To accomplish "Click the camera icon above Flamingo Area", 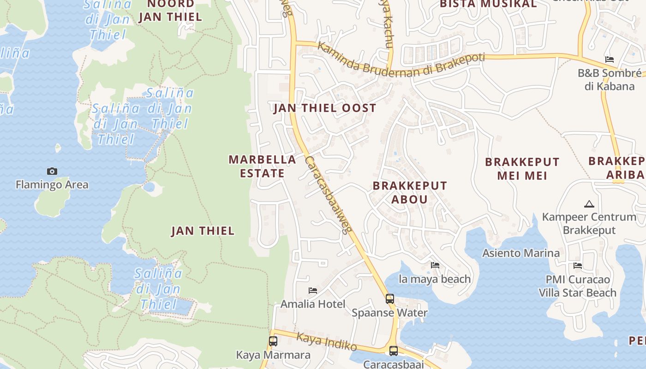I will (x=52, y=172).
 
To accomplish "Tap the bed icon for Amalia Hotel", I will (x=313, y=291).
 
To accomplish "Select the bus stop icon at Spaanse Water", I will (x=390, y=299).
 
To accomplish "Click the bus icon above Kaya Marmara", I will (x=273, y=341).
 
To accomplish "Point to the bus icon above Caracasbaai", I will (x=393, y=351).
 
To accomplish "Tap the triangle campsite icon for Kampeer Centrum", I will (x=589, y=204).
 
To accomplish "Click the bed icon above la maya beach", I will (x=435, y=265).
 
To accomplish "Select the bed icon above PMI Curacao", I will (x=577, y=266).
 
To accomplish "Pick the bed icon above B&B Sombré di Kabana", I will (x=609, y=60).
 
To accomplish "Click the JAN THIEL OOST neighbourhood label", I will (x=325, y=108).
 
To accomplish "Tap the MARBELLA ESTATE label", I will (x=262, y=167).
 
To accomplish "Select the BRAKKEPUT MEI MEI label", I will (x=522, y=169).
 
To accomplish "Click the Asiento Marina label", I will (x=520, y=253).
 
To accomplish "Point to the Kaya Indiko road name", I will (x=326, y=342).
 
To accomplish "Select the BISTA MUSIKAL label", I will (x=488, y=4).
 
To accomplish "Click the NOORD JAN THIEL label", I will (x=170, y=11).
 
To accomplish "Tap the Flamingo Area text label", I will (x=52, y=185).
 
